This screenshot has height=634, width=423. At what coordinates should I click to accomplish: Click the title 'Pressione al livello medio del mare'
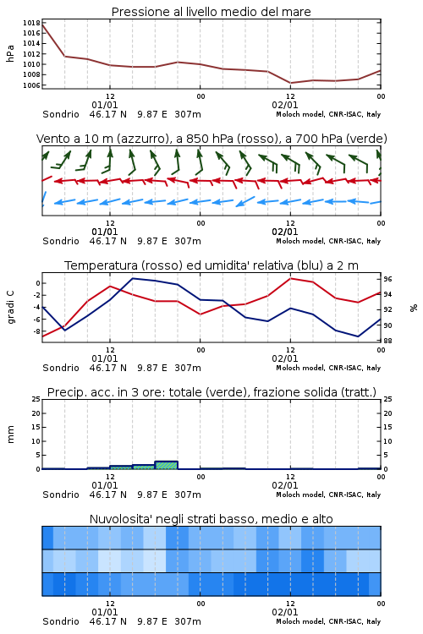point(211,12)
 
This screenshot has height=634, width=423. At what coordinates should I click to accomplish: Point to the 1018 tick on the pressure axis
point(31,23)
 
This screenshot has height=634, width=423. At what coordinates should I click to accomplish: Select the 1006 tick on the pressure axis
point(31,85)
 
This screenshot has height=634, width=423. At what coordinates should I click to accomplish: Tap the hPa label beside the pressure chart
point(10,53)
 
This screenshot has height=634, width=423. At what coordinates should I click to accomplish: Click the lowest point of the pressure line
point(290,83)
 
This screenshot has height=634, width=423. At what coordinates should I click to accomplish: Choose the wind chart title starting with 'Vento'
point(211,139)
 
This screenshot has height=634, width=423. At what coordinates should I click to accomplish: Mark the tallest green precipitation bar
point(167,465)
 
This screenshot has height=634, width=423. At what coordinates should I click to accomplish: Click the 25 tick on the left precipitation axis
point(36,399)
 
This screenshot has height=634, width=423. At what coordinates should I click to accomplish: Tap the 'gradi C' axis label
point(10,307)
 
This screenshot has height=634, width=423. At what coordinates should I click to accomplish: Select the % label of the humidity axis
point(414,308)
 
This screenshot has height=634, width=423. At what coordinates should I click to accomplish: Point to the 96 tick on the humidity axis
point(387,279)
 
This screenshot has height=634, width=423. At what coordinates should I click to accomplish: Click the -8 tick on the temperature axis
point(36,331)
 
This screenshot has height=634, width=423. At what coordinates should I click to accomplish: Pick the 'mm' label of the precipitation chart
point(10,435)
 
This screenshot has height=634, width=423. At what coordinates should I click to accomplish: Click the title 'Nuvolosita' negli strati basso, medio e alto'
point(211,519)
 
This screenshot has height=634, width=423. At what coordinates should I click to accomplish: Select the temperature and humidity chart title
point(211,265)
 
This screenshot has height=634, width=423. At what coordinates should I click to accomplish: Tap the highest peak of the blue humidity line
point(133,279)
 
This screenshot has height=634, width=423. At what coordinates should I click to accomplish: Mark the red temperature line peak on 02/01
point(290,278)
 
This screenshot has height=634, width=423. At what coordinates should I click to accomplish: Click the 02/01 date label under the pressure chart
point(285,105)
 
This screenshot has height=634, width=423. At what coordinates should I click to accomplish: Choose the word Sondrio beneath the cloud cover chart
point(61,621)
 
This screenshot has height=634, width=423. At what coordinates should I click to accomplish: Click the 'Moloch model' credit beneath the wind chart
point(299,242)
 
